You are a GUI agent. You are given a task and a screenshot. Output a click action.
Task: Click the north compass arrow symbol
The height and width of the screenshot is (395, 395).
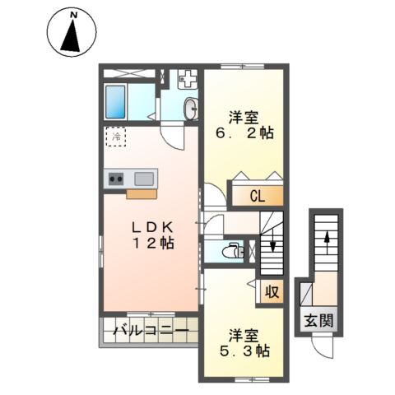point(71,35)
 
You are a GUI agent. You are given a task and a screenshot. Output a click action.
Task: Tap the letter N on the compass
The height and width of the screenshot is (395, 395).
point(73,16)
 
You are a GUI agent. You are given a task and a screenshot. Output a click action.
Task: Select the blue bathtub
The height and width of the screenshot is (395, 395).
point(115,102)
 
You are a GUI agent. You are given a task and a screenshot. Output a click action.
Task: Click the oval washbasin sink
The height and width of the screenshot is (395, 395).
point(191,109)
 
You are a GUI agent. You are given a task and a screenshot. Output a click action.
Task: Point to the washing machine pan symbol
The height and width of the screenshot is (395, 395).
point(188,78)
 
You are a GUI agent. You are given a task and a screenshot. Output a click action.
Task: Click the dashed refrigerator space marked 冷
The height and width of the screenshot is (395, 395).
point(116,137)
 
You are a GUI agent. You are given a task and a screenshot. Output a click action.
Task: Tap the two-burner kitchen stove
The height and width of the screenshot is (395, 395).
point(116,179)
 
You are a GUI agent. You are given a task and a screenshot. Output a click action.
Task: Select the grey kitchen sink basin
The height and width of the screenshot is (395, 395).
point(144,179)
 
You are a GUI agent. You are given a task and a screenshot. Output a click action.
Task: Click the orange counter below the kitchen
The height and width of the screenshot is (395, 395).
point(142,193)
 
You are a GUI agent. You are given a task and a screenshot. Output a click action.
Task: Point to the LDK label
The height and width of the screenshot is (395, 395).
point(152,227)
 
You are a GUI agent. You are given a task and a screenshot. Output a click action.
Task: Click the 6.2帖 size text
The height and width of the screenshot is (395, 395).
point(245,133)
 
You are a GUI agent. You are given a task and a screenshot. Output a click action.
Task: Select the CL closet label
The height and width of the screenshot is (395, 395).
point(258,197)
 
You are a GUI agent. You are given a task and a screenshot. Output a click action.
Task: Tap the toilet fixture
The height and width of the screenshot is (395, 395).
point(234,250)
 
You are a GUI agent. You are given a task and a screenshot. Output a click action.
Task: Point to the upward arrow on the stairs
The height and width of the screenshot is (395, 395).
point(327,242)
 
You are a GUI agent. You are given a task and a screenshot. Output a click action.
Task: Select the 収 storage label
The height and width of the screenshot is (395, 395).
point(272,292)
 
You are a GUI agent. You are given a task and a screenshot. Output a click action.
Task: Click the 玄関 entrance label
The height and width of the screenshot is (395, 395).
point(319,320)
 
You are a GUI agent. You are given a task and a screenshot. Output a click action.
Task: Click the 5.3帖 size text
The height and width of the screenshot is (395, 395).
point(244,351)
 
